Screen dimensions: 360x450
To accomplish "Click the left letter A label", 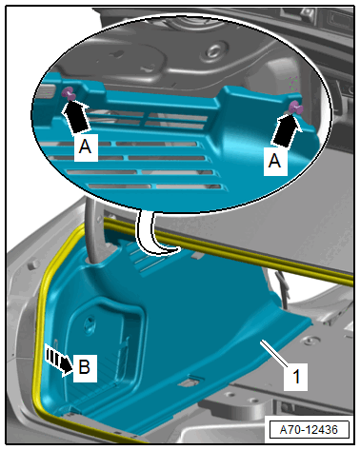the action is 85,147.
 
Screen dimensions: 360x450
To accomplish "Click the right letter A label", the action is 275,161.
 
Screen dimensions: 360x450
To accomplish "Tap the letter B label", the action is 85,367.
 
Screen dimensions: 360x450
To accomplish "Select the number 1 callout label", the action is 296,377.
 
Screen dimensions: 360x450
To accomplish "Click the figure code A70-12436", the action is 309,430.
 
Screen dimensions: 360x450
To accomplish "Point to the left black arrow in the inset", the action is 75,116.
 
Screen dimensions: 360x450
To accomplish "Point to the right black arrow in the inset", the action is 286,130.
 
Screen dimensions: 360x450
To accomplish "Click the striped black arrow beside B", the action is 59,361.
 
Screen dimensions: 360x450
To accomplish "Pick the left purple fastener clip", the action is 69,94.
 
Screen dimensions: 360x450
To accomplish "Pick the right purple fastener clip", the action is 296,108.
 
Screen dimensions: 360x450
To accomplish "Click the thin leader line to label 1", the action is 273,353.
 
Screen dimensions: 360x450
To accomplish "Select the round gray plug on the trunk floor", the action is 308,341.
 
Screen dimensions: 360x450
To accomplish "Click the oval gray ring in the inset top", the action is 214,51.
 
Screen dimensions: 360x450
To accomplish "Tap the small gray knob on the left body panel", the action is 32,264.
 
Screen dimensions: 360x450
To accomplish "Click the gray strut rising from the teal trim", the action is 92,231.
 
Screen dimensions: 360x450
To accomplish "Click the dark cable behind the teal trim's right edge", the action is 284,287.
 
